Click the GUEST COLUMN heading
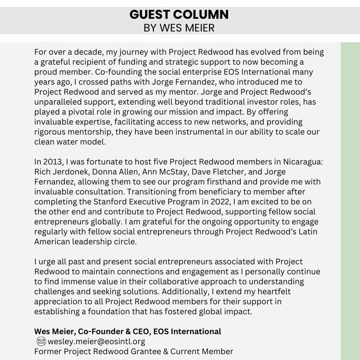click(x=179, y=15)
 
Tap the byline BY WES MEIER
click(x=179, y=28)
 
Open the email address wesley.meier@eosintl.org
click(x=96, y=341)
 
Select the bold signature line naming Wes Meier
click(x=128, y=331)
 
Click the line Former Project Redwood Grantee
click(x=134, y=351)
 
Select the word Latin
click(x=307, y=232)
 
